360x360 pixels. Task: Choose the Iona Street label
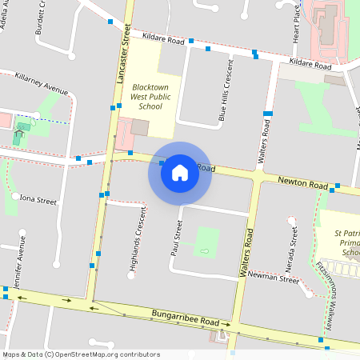[x=38, y=200]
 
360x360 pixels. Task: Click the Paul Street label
[x=177, y=238]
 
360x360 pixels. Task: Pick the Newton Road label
[x=302, y=182]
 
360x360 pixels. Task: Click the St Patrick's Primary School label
[x=343, y=242]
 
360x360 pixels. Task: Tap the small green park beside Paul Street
[x=206, y=242]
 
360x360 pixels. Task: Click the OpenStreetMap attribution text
[x=80, y=354]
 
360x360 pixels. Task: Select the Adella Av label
[x=10, y=14]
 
